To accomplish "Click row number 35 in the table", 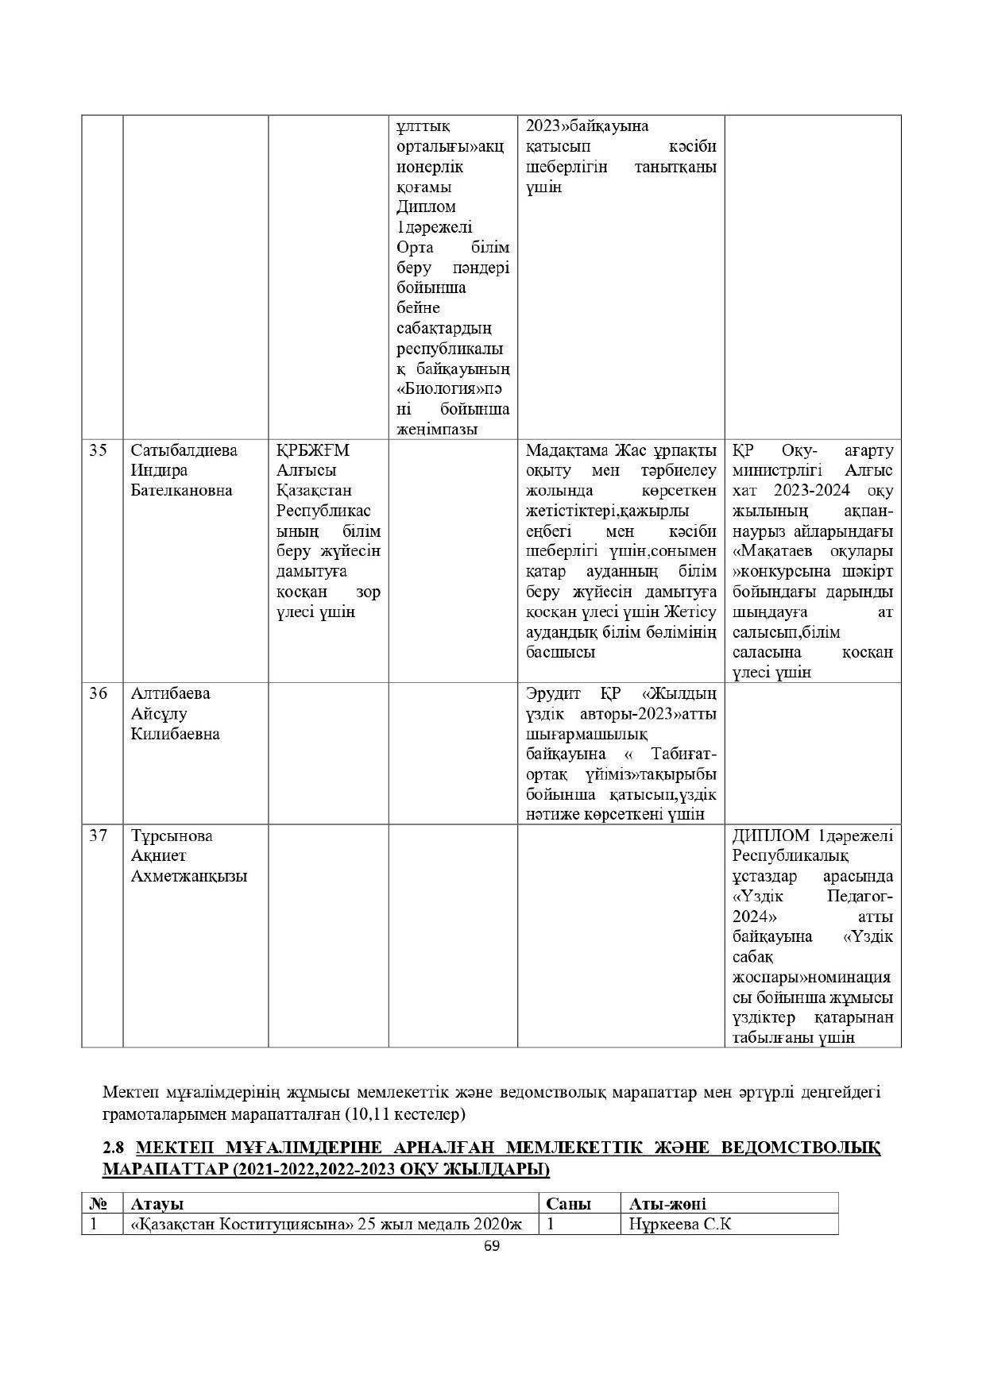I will click(x=98, y=451).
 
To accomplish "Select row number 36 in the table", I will click(x=98, y=693).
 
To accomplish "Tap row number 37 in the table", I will click(x=98, y=835).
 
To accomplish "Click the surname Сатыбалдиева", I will click(x=184, y=451).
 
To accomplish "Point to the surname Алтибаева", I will click(x=170, y=693).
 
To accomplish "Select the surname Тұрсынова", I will click(x=172, y=835).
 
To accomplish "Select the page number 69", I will click(x=492, y=1246).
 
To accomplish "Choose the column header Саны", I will click(x=569, y=1203).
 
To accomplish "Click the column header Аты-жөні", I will click(x=667, y=1203).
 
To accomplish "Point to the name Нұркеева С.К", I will click(x=679, y=1224).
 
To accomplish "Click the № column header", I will click(x=99, y=1203).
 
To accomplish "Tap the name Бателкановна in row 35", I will click(x=181, y=490).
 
